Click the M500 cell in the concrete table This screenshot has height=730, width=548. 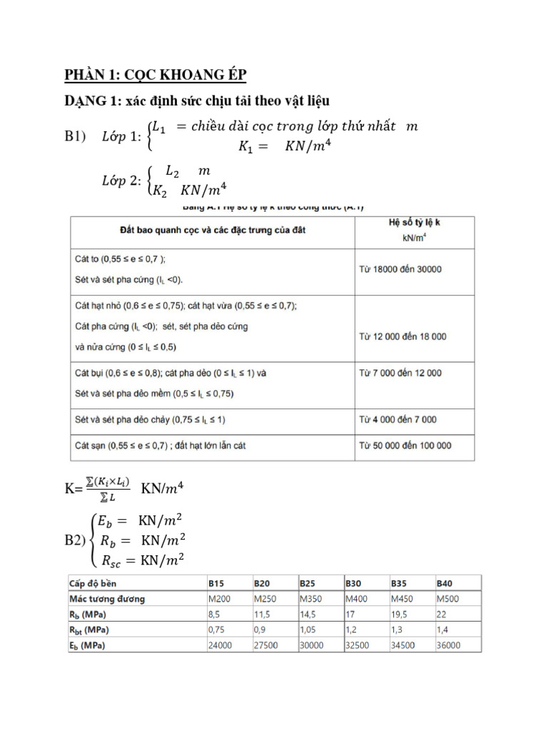click(449, 597)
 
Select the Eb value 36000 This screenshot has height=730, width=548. click(450, 645)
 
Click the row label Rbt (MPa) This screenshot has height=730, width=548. click(89, 629)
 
